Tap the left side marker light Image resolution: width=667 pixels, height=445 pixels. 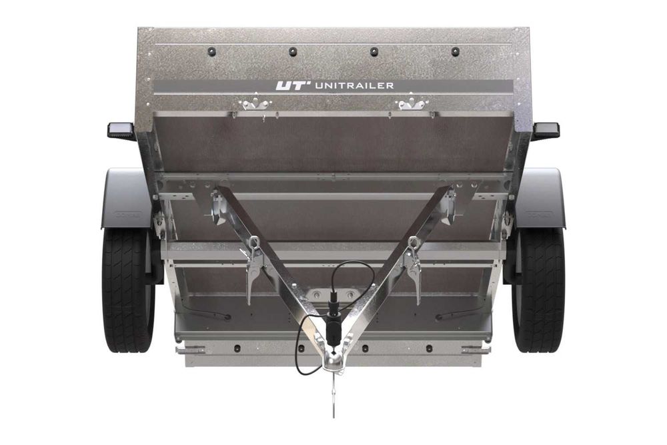(121, 130)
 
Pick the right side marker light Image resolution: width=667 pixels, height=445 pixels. (546, 130)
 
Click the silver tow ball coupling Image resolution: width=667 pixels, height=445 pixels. (333, 360)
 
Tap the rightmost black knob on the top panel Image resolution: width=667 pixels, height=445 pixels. (455, 51)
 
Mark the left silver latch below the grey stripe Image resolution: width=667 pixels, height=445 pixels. (255, 104)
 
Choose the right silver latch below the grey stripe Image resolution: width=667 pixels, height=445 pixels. (412, 104)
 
